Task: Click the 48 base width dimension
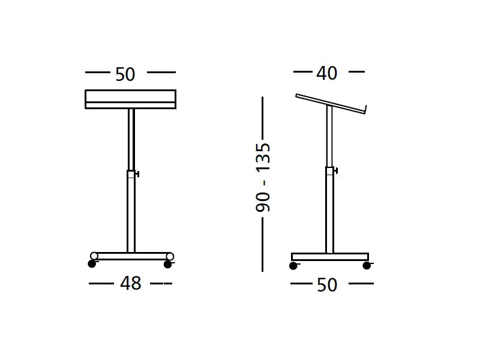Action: pyautogui.click(x=130, y=284)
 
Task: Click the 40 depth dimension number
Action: pyautogui.click(x=327, y=73)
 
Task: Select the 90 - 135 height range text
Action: pyautogui.click(x=263, y=178)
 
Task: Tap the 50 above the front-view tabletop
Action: pyautogui.click(x=125, y=74)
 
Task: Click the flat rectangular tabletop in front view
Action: pyautogui.click(x=130, y=99)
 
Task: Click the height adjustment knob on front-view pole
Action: pyautogui.click(x=137, y=175)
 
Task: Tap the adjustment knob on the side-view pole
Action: pyautogui.click(x=335, y=171)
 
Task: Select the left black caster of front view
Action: pyautogui.click(x=92, y=263)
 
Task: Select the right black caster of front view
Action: pyautogui.click(x=167, y=264)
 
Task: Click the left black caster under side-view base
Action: pyautogui.click(x=293, y=265)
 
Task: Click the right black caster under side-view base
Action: pyautogui.click(x=367, y=265)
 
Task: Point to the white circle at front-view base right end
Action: pyautogui.click(x=170, y=256)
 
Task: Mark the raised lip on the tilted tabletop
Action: pyautogui.click(x=364, y=109)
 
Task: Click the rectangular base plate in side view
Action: pyautogui.click(x=329, y=257)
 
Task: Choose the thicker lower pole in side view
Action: pyautogui.click(x=329, y=210)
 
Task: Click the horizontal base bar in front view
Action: pyautogui.click(x=131, y=256)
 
